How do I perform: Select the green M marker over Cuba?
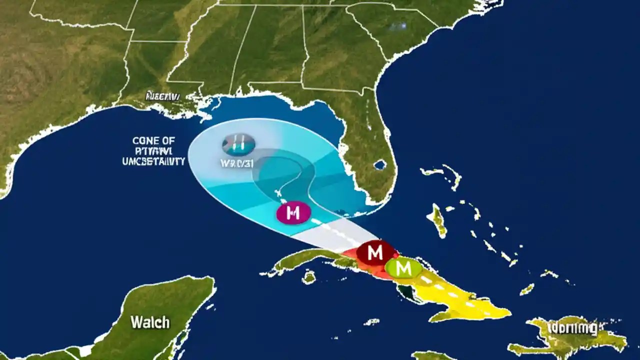(403, 268)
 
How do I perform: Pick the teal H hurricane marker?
(238, 144)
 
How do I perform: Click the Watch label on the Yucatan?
(150, 322)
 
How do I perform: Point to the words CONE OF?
(154, 141)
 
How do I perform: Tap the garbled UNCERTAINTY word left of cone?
(154, 161)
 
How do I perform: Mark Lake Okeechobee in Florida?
(380, 164)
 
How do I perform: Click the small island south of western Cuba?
(309, 276)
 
